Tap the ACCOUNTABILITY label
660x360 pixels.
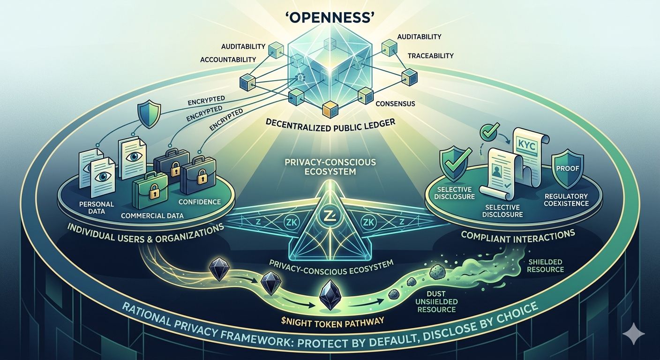(x=228, y=60)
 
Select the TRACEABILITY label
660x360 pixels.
(x=430, y=55)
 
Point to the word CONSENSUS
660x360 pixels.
(x=395, y=103)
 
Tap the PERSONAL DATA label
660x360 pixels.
(x=90, y=208)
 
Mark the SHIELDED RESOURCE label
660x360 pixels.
(x=545, y=265)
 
